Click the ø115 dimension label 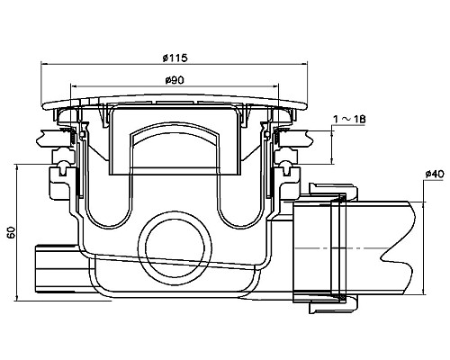(x=175, y=58)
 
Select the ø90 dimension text (x=175, y=80)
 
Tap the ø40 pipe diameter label (x=435, y=174)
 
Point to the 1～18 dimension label (x=349, y=120)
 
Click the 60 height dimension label (x=11, y=232)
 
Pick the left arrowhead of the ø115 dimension (x=44, y=64)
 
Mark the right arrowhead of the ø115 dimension (x=303, y=64)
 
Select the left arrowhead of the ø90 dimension (x=74, y=86)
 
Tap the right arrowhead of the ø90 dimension (x=274, y=86)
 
